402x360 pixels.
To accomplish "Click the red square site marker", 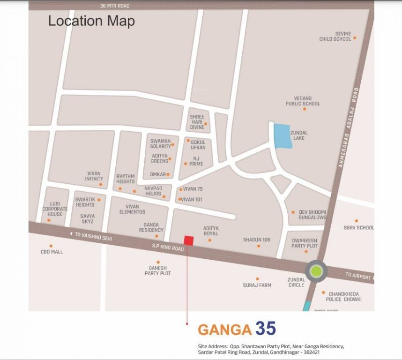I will click(188, 240).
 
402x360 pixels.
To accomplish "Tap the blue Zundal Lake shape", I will click(283, 136).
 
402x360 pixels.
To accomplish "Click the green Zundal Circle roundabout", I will click(316, 271).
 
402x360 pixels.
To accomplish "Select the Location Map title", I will click(91, 21).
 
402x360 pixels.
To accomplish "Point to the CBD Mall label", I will click(52, 252).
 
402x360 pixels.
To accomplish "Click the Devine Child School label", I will click(335, 37).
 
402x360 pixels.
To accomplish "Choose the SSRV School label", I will click(358, 228).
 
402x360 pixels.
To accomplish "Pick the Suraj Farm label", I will click(257, 285).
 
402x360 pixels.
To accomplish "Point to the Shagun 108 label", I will click(256, 240).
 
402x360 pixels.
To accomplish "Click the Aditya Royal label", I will click(211, 231).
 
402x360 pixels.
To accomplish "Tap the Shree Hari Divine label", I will click(197, 121).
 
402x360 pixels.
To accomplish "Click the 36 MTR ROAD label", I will click(115, 6).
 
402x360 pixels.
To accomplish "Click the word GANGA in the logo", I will click(224, 330).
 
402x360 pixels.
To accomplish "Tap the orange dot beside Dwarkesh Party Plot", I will click(306, 251).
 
